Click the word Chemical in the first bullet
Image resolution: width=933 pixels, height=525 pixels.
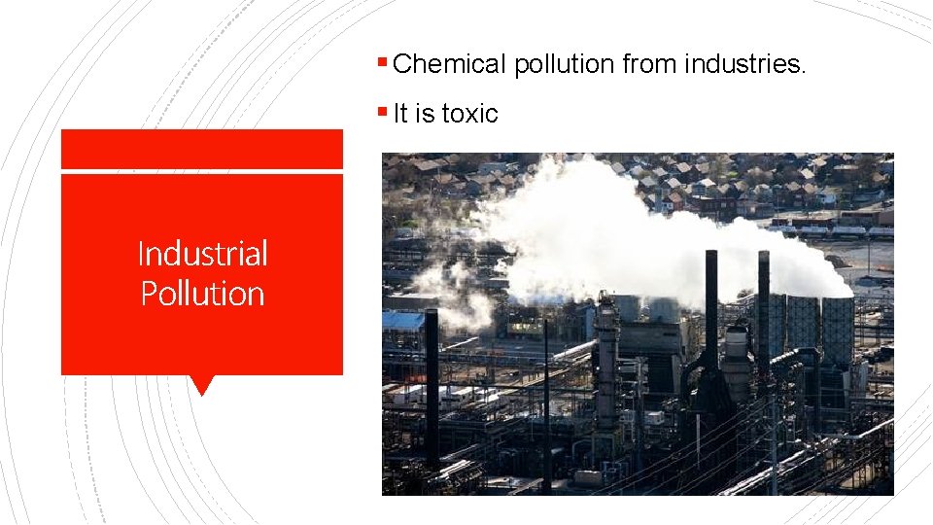tap(450, 65)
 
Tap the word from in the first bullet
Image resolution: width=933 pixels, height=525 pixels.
tap(650, 65)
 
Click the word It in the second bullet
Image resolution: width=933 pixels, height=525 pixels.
tap(400, 114)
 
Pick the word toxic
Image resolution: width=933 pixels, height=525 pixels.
tap(469, 114)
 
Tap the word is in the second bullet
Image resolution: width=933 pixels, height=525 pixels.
tap(425, 114)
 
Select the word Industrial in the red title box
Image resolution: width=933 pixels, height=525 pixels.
tap(202, 254)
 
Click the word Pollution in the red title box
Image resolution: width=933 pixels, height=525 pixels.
tap(202, 294)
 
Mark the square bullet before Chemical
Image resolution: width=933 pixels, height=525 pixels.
tap(385, 65)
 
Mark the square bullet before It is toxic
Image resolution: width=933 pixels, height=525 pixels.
tap(385, 114)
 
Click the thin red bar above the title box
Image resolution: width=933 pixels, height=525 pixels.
tap(202, 150)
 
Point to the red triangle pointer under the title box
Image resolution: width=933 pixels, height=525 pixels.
tap(202, 385)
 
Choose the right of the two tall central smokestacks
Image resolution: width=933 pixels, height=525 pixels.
tap(763, 301)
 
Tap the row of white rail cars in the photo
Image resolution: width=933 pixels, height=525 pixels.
tap(836, 231)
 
